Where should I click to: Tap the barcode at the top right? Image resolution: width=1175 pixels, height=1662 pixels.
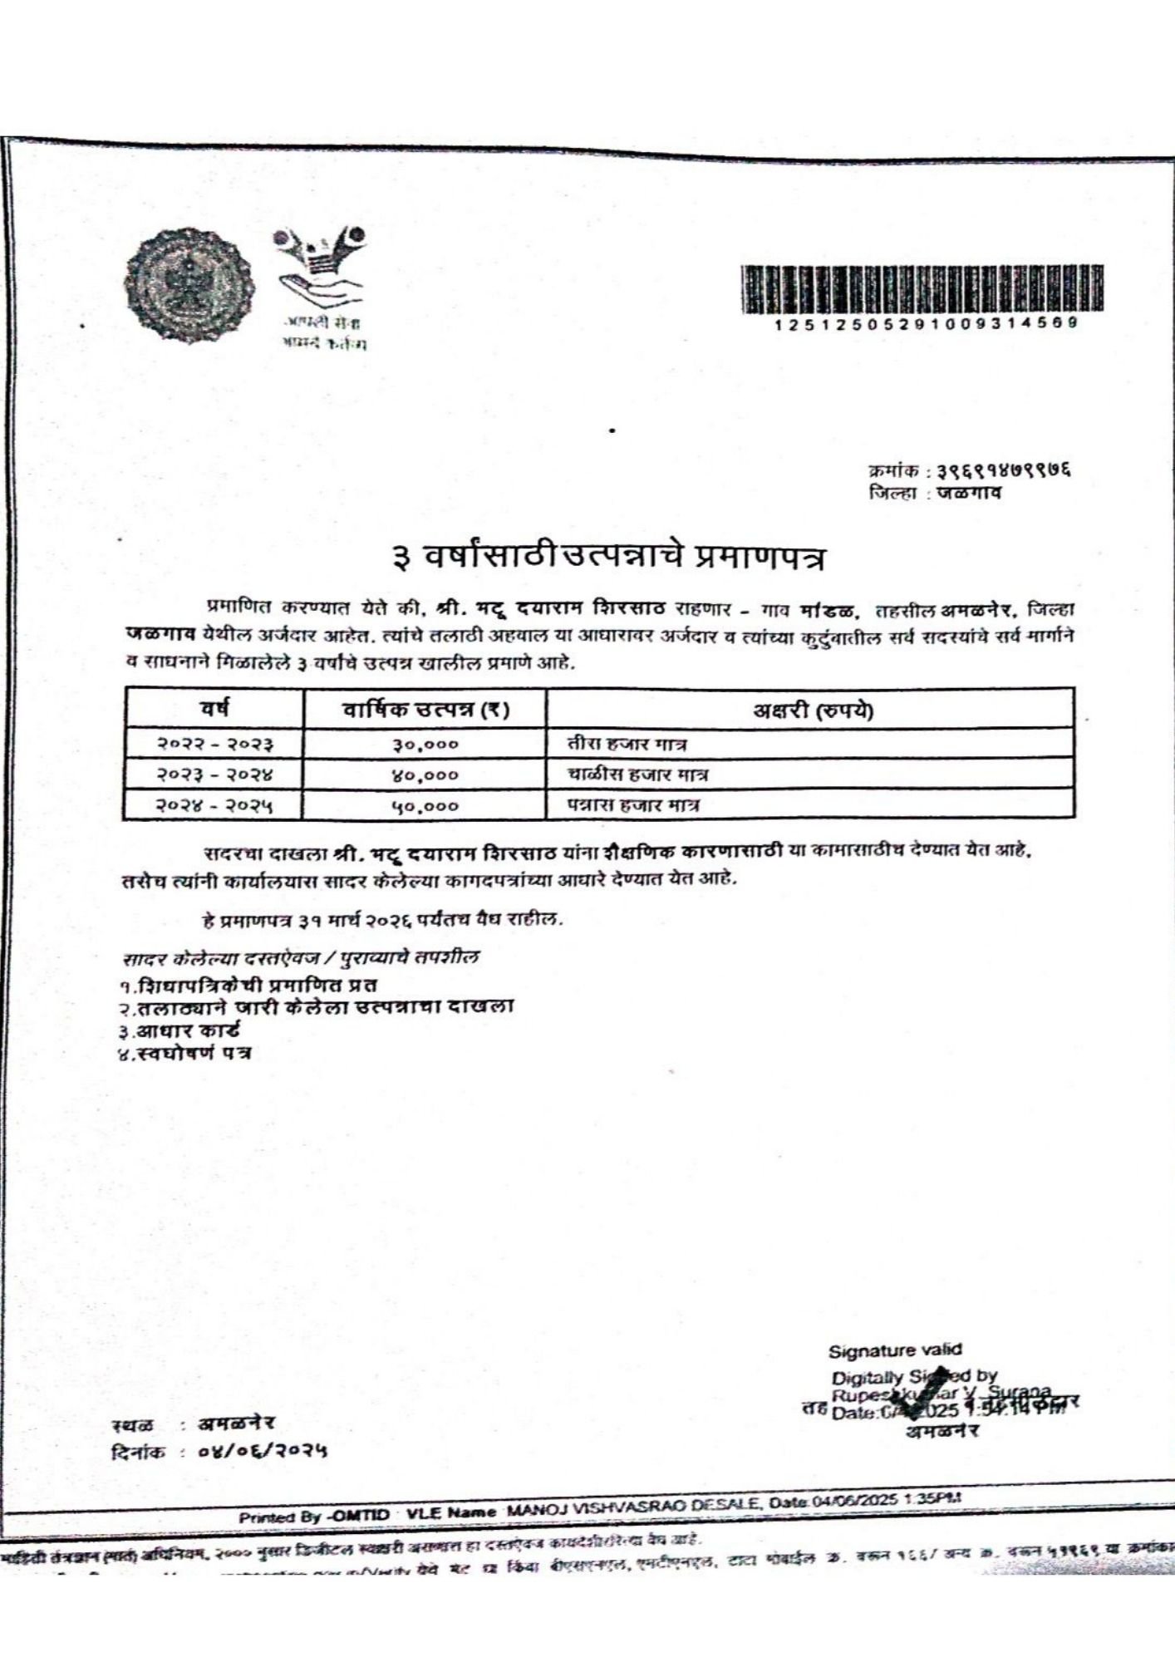(922, 288)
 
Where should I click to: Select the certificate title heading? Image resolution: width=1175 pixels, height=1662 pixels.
(610, 557)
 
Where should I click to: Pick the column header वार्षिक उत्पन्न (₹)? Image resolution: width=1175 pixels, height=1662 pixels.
(426, 710)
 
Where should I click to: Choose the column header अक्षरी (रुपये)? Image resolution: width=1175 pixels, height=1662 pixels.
(812, 711)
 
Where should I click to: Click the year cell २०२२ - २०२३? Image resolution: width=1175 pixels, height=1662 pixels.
(216, 744)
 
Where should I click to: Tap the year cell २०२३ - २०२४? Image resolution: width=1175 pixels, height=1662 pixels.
(216, 774)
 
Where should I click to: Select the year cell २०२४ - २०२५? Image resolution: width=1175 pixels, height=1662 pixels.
(216, 805)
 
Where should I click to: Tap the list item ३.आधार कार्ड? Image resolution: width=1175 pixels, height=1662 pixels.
(179, 1030)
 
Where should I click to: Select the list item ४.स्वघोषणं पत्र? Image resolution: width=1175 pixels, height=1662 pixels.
(184, 1054)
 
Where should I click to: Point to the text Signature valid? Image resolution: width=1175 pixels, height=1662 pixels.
(894, 1350)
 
